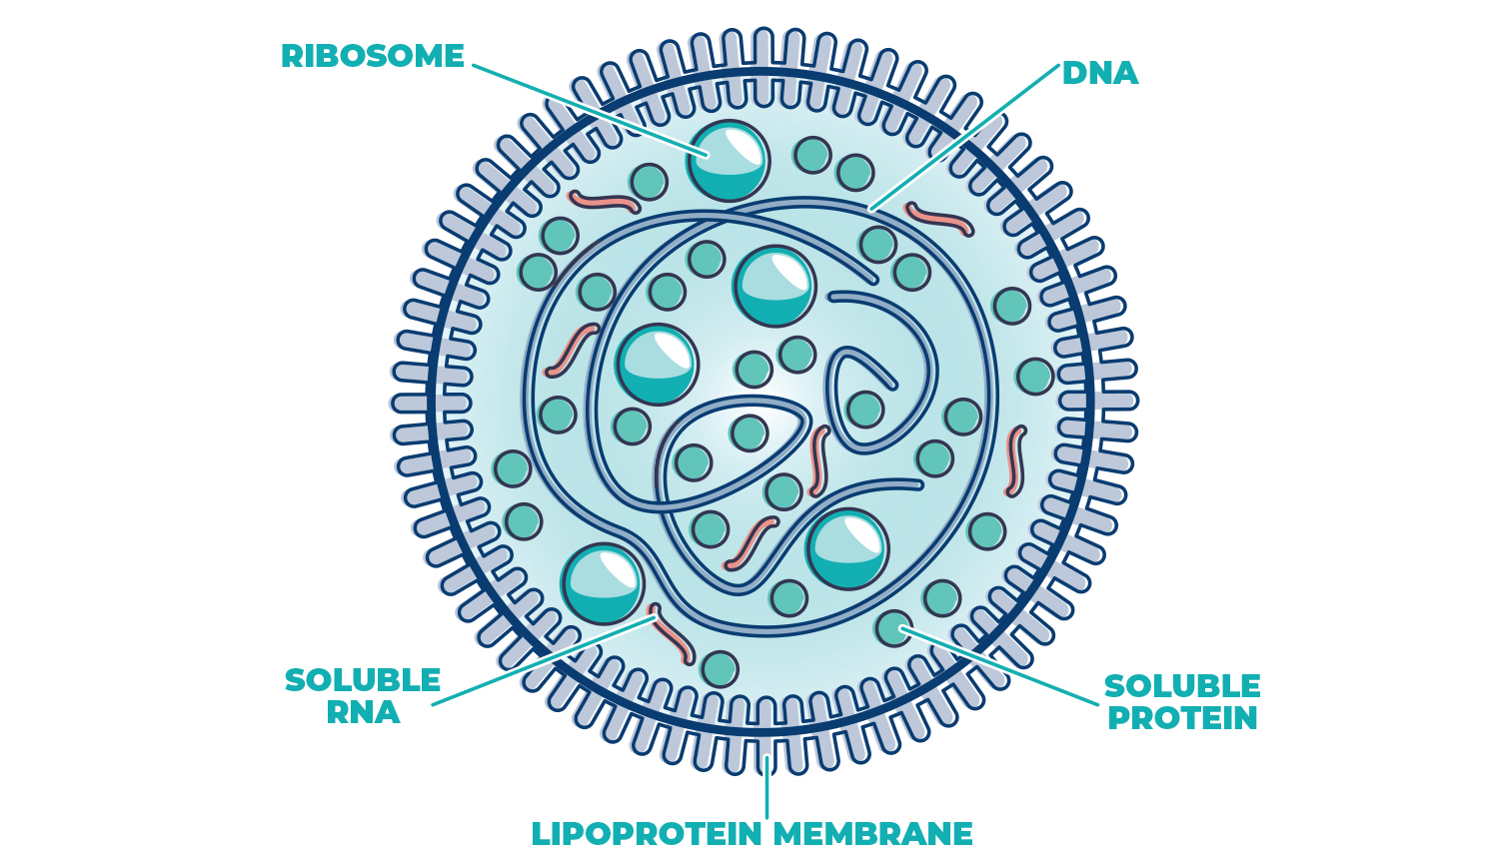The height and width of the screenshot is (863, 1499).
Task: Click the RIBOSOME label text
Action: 372,56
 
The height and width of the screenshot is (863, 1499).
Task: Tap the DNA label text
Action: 1099,73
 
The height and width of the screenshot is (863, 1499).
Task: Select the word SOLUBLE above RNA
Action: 363,680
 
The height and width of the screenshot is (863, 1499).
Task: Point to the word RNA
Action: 363,712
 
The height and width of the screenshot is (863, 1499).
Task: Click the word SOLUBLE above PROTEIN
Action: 1182,686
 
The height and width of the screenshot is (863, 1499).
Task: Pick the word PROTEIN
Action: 1182,718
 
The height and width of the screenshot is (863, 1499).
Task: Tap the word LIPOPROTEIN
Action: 647,833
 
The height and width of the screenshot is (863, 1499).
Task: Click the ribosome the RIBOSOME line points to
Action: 729,162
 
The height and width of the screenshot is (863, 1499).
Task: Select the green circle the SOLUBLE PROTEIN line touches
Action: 893,628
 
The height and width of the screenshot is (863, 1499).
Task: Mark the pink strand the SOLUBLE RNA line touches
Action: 672,633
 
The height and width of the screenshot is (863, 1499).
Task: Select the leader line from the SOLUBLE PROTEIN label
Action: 999,666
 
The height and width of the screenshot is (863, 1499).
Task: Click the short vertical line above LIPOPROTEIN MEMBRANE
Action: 766,789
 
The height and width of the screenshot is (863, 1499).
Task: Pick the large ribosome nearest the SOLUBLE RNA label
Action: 603,584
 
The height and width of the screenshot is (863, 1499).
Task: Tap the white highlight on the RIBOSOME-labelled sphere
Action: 744,146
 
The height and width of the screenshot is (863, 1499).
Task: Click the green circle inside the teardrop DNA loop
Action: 864,409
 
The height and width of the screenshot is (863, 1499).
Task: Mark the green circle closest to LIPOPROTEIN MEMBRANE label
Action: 720,669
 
